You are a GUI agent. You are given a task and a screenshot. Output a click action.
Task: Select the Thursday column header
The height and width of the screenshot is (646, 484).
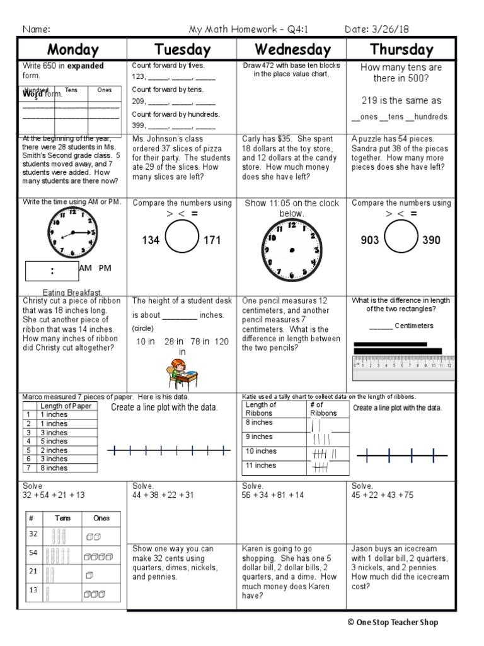pyautogui.click(x=401, y=50)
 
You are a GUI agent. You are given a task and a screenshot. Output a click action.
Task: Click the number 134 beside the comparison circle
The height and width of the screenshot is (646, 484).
pyautogui.click(x=151, y=240)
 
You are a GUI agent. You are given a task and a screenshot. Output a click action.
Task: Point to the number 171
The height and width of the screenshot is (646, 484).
pyautogui.click(x=211, y=240)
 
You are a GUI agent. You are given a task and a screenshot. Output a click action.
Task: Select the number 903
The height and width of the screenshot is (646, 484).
pyautogui.click(x=370, y=240)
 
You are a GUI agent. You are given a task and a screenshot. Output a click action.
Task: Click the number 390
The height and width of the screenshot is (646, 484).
pyautogui.click(x=431, y=240)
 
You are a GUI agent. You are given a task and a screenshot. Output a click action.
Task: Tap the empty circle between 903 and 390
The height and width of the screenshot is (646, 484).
pyautogui.click(x=401, y=239)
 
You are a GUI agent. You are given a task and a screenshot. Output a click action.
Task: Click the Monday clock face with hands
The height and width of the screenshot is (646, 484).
pyautogui.click(x=72, y=232)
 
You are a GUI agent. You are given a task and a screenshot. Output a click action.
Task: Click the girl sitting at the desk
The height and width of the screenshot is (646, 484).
pyautogui.click(x=182, y=373)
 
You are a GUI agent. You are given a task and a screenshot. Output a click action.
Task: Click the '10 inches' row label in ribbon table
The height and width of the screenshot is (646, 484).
pyautogui.click(x=261, y=451)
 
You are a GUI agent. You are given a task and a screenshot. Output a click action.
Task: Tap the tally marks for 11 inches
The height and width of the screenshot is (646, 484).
pyautogui.click(x=320, y=467)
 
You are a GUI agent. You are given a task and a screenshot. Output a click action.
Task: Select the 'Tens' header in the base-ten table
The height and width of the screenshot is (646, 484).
pyautogui.click(x=62, y=518)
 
